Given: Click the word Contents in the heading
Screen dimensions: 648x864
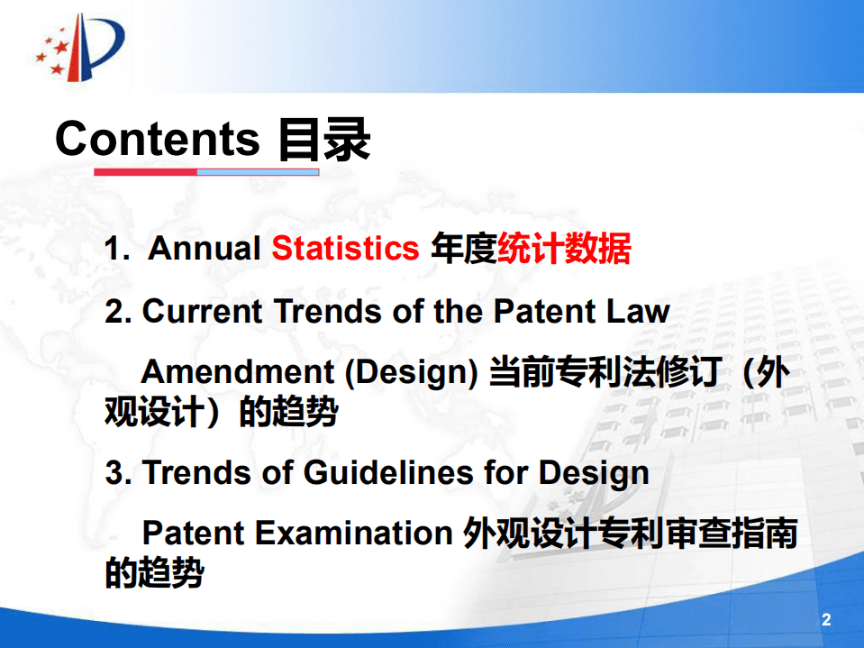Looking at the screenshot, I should tap(157, 139).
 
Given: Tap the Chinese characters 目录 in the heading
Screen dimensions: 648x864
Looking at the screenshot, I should tap(323, 141).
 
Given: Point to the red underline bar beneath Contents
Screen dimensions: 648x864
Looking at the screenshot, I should tap(145, 171).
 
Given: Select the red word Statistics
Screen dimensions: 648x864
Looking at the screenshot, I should tap(345, 249).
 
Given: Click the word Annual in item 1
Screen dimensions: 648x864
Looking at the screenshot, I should tap(204, 249).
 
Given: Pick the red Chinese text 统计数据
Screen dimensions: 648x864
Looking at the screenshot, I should tap(564, 249).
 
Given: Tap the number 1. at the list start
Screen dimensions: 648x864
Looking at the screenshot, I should tap(118, 249).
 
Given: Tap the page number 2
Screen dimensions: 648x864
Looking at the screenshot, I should tap(826, 620).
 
